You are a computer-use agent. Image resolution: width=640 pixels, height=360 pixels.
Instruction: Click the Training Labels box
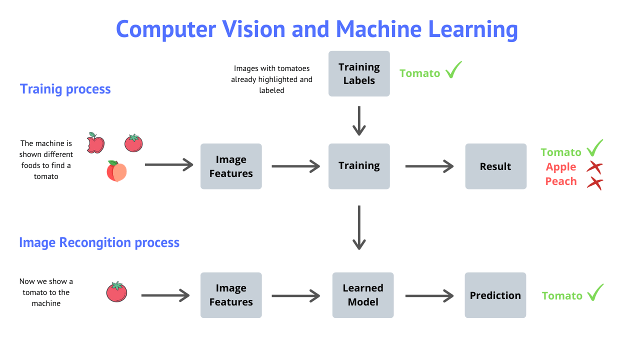point(359,73)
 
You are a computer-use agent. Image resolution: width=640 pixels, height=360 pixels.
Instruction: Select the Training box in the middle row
point(359,166)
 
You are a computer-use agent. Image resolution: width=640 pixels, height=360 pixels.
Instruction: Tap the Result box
point(495,166)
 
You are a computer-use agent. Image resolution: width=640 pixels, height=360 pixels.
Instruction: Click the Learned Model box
point(363,295)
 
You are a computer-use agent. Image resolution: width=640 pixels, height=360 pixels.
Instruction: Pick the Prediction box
point(495,295)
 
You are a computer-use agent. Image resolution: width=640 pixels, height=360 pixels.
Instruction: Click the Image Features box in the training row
point(231,166)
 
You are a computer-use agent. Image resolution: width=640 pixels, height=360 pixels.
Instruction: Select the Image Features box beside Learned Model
point(231,295)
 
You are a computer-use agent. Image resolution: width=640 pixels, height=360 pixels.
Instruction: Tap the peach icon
point(116,171)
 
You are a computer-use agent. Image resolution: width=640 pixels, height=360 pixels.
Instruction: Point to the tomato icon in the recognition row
point(116,292)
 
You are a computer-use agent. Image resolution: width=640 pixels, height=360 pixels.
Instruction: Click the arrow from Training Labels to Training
point(359,121)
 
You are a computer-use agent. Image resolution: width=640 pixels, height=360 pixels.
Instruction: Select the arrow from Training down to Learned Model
point(359,227)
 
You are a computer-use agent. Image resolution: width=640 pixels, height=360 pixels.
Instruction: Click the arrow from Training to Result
point(429,166)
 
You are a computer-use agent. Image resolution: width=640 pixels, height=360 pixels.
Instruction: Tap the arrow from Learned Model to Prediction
point(429,295)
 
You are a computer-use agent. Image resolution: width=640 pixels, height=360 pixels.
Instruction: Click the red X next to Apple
point(594,167)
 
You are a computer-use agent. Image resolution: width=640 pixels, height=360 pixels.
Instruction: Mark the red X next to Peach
point(594,182)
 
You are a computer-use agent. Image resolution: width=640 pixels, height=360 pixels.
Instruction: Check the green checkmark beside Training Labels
point(453,70)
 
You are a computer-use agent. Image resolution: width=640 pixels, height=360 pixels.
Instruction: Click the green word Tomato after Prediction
point(562,296)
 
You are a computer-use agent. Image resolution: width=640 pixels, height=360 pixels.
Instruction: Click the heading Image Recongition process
point(99,242)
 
